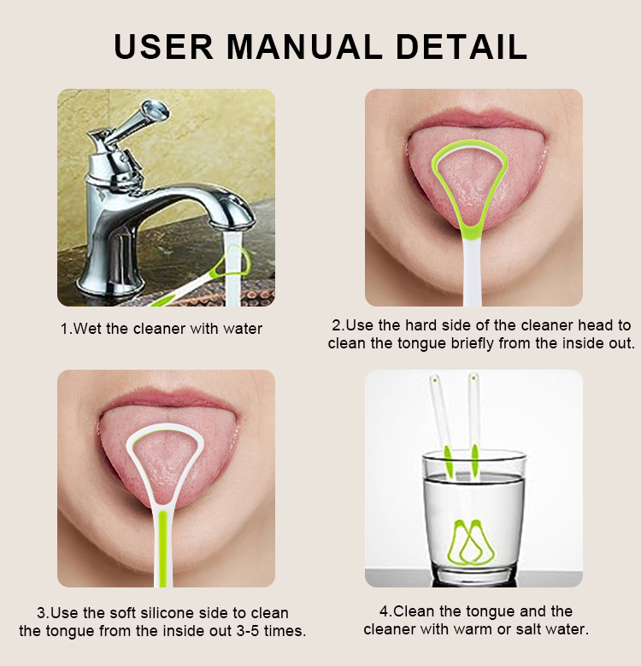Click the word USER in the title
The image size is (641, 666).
pyautogui.click(x=162, y=46)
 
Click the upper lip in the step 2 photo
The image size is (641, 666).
pyautogui.click(x=474, y=117)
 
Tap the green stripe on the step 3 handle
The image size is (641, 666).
pyautogui.click(x=162, y=546)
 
